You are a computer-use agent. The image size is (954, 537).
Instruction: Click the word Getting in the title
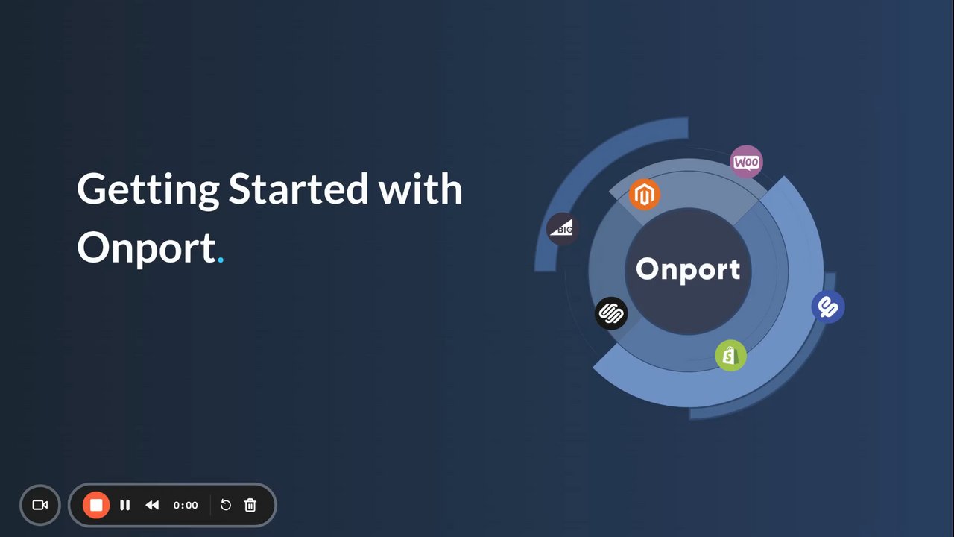click(x=148, y=190)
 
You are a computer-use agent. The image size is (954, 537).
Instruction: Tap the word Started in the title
click(x=298, y=189)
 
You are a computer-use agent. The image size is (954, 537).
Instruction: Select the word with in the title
click(x=420, y=189)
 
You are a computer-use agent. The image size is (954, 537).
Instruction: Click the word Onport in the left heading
click(x=147, y=249)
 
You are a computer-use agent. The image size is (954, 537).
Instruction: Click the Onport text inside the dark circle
click(x=688, y=270)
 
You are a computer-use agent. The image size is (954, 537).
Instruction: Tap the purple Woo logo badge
click(x=746, y=162)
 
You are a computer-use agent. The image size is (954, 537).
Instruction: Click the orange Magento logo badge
click(x=645, y=195)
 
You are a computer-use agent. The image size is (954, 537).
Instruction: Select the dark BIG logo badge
click(x=562, y=228)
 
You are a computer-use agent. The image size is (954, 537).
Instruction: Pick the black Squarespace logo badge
click(x=611, y=313)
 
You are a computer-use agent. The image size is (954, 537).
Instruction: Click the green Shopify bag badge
click(x=730, y=356)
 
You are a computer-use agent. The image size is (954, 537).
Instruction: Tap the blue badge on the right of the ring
click(x=828, y=307)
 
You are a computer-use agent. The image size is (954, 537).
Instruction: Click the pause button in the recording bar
click(x=124, y=505)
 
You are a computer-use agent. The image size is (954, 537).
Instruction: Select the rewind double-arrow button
click(x=152, y=505)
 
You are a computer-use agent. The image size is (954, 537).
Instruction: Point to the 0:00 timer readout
click(x=186, y=506)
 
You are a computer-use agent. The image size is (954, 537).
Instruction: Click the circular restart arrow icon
click(x=225, y=505)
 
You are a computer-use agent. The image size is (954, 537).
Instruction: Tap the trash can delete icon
click(x=250, y=505)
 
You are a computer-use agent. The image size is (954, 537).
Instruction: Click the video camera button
click(x=40, y=505)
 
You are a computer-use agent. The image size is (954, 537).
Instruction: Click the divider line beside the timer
click(x=210, y=505)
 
